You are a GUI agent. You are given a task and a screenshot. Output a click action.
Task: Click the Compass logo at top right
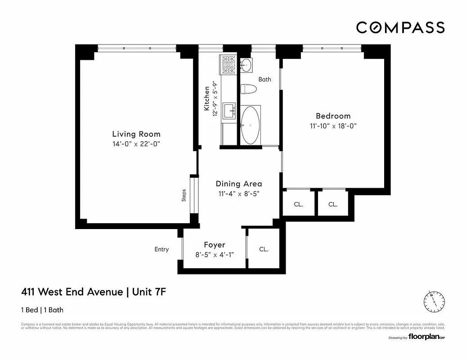pyautogui.click(x=400, y=27)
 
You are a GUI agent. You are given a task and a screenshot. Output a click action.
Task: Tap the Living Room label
pyautogui.click(x=136, y=134)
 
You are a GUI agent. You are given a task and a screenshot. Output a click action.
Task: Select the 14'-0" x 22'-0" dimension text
pyautogui.click(x=136, y=144)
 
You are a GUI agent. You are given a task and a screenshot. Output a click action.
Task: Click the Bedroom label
pyautogui.click(x=333, y=116)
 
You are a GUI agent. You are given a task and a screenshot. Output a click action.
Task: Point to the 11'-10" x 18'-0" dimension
pyautogui.click(x=333, y=126)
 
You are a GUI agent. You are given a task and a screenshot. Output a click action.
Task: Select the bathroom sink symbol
pyautogui.click(x=246, y=66)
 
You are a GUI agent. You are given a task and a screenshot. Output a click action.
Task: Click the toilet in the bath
pyautogui.click(x=248, y=89)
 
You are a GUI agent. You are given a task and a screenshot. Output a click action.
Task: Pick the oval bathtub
pyautogui.click(x=250, y=125)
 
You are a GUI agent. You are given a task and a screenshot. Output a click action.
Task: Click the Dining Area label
pyautogui.click(x=238, y=184)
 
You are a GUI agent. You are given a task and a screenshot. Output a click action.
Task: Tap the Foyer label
pyautogui.click(x=214, y=245)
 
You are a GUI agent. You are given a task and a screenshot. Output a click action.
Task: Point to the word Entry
pyautogui.click(x=161, y=249)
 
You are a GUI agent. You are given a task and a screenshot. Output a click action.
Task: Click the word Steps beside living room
pyautogui.click(x=184, y=195)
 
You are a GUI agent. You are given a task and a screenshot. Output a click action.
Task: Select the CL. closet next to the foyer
pyautogui.click(x=264, y=249)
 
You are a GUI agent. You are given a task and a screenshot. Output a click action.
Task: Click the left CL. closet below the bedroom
pyautogui.click(x=298, y=204)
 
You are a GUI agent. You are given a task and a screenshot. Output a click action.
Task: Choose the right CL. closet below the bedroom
pyautogui.click(x=332, y=204)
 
